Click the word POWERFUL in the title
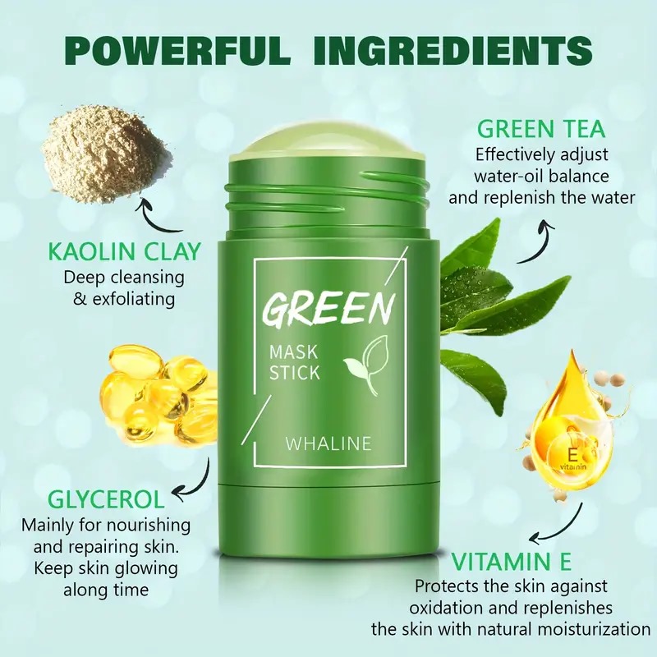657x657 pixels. click(x=177, y=51)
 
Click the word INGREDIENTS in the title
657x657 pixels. click(x=453, y=51)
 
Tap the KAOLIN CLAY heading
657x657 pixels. click(x=125, y=252)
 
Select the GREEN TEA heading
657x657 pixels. click(x=541, y=129)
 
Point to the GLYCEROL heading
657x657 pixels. click(x=106, y=499)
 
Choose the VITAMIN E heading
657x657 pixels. click(x=511, y=562)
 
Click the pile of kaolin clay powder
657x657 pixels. click(x=102, y=149)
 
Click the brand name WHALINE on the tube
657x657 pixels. click(x=328, y=443)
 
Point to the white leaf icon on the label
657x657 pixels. click(x=361, y=365)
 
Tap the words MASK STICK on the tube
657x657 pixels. click(x=294, y=362)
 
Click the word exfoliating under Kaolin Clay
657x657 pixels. click(x=134, y=299)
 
